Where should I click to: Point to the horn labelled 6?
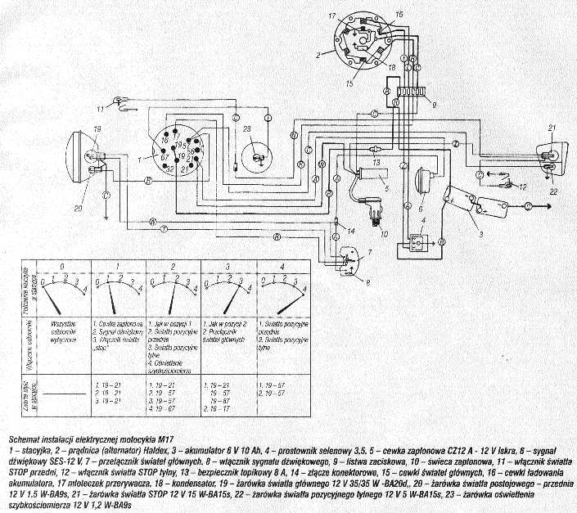click(425, 178)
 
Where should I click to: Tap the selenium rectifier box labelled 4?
click(417, 244)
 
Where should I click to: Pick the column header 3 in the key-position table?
click(223, 266)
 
